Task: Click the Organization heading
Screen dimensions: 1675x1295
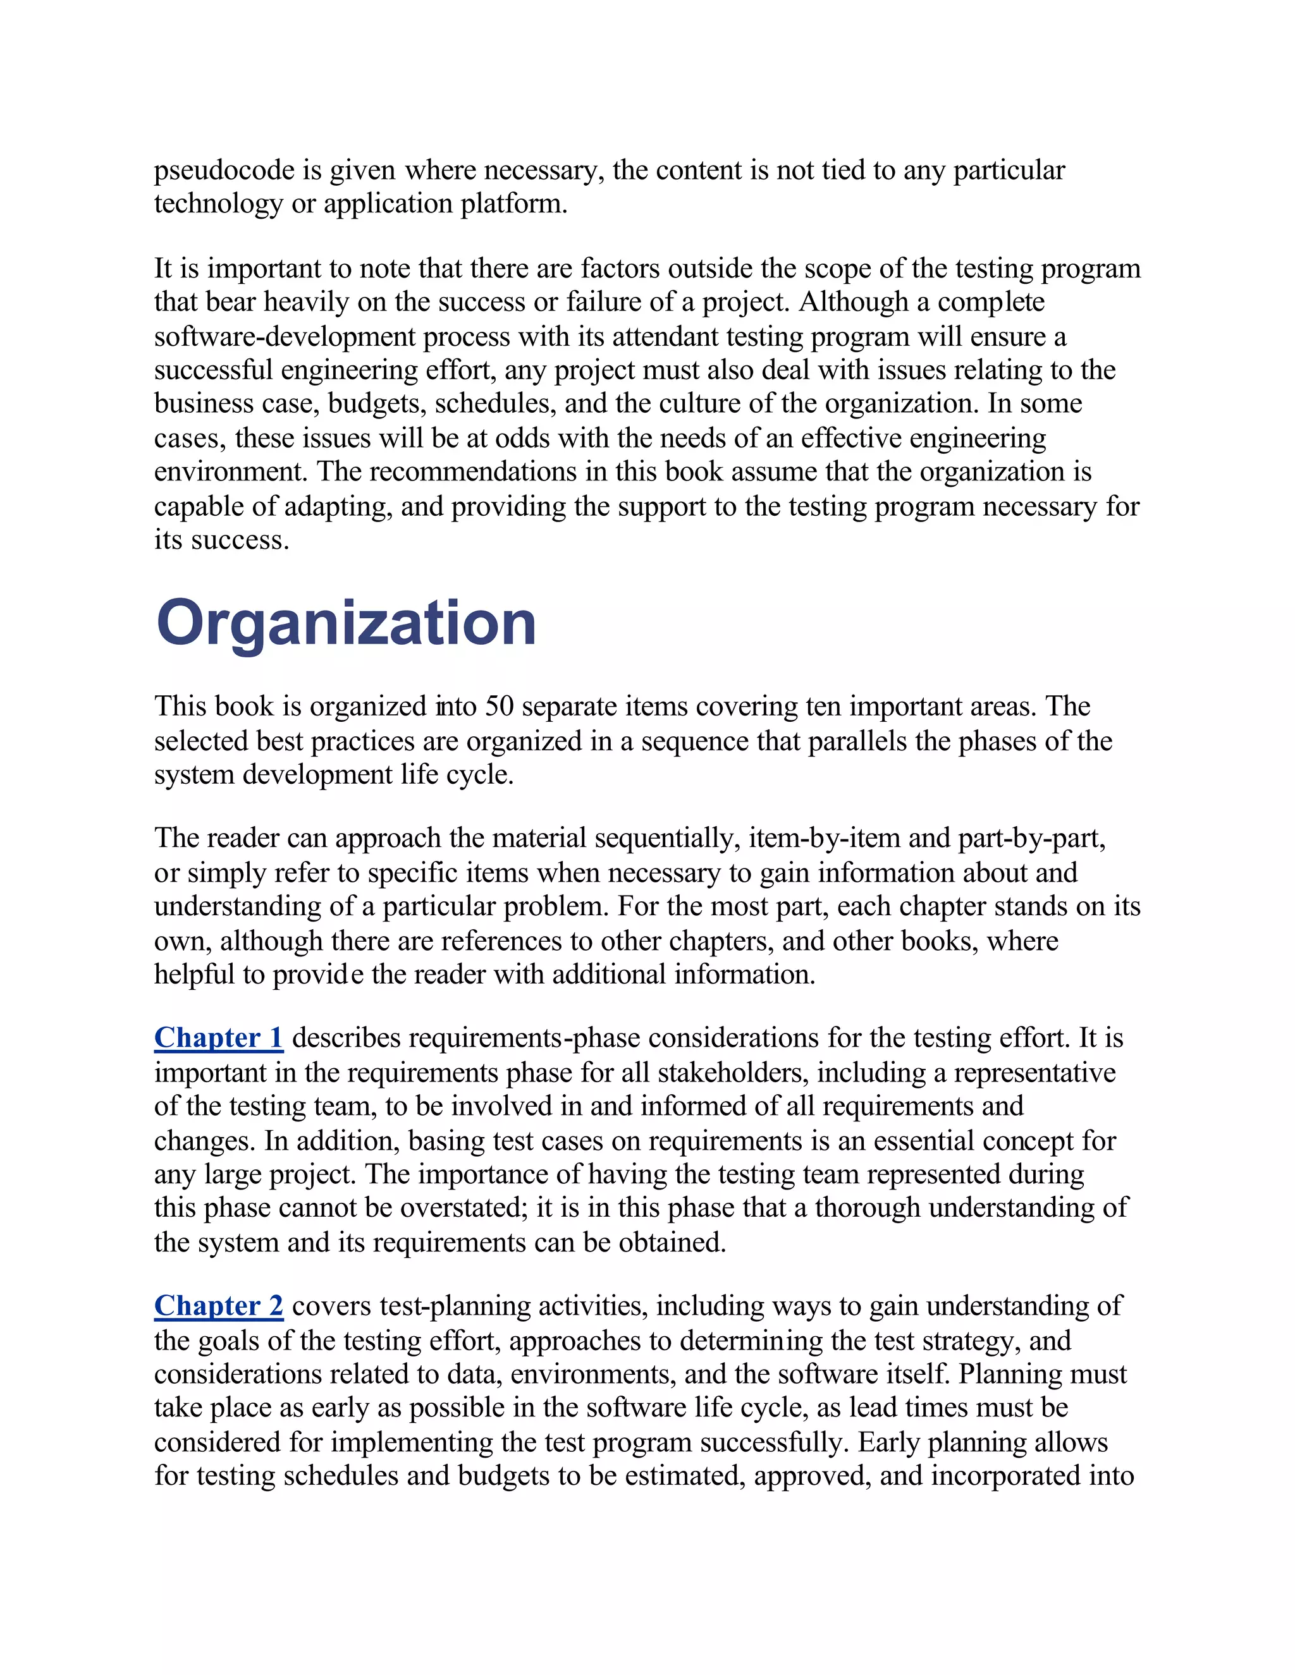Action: click(346, 623)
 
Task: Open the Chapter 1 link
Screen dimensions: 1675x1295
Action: click(219, 1038)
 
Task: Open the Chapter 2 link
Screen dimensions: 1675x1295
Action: click(219, 1305)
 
